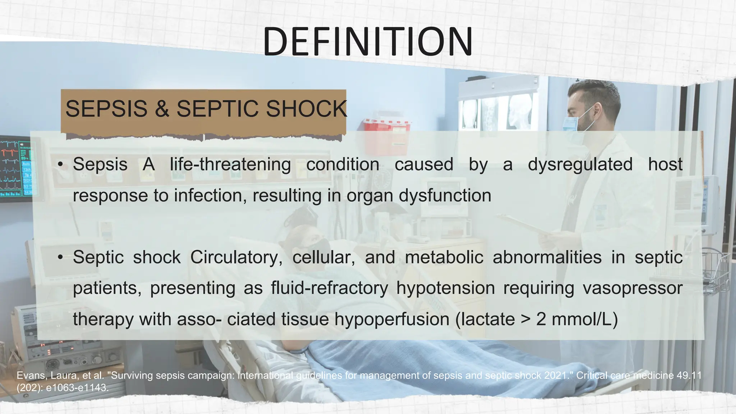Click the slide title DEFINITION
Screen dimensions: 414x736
368,42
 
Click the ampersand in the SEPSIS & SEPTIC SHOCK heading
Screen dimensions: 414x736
162,109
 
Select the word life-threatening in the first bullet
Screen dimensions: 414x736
230,165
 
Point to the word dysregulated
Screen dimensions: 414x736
580,165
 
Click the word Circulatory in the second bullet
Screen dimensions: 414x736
236,257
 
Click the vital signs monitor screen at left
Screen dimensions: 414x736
16,168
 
